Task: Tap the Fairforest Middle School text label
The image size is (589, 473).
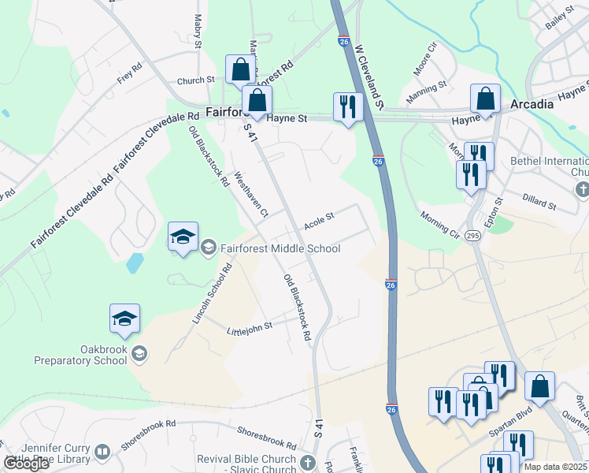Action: [x=280, y=248]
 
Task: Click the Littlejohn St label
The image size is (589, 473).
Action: [x=249, y=326]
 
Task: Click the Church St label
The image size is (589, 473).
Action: [x=196, y=80]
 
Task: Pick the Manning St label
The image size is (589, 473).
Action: [x=427, y=91]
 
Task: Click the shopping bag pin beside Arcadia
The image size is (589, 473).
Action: [x=486, y=99]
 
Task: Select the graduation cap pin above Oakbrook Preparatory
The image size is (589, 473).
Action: [x=124, y=318]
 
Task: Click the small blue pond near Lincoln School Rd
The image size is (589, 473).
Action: [x=135, y=262]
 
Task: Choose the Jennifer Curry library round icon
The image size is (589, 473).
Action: [x=102, y=453]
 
